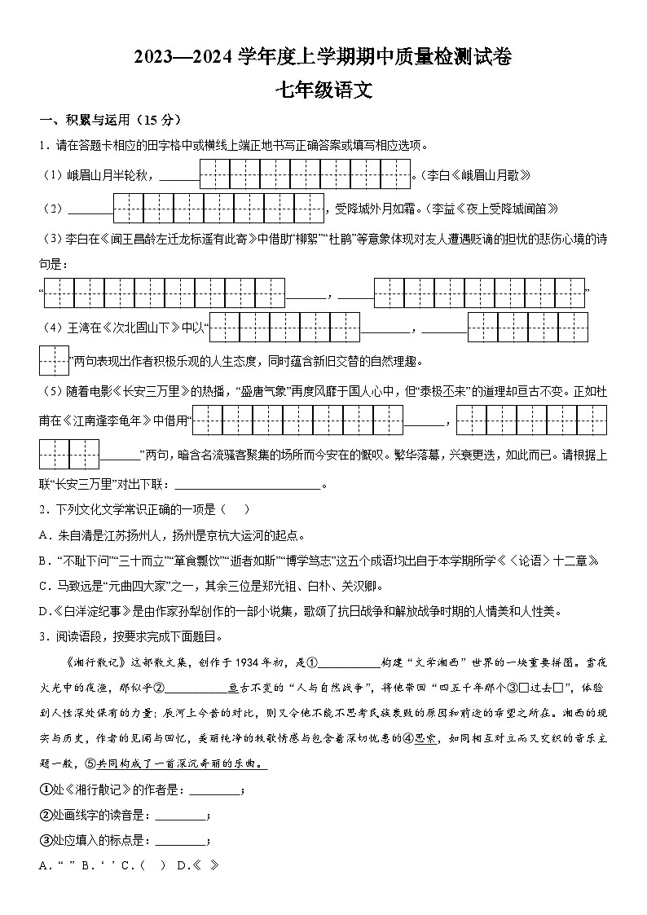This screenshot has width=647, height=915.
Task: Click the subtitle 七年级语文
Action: coord(323,90)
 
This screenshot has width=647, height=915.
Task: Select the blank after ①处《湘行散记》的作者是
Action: coord(215,790)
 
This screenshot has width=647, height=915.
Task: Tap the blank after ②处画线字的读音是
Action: coord(181,816)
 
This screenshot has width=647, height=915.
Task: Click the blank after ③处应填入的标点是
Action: coord(181,841)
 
